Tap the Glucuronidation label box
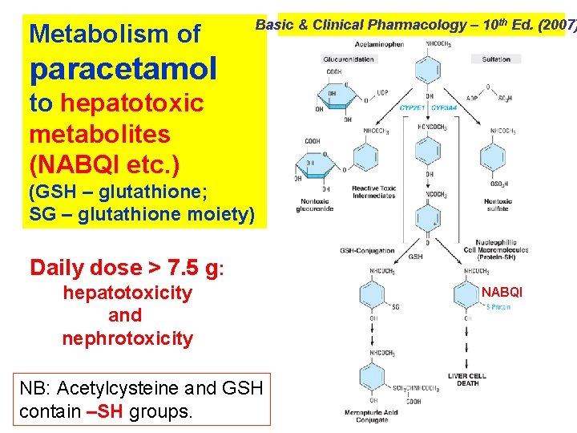348,59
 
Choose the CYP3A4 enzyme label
445,107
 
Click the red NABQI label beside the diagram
502,293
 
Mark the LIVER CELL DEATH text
467,379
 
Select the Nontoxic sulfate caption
498,204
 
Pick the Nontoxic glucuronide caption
314,205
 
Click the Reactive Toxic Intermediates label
373,192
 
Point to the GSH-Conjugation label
368,250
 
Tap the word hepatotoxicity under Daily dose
127,293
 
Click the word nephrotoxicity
127,338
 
